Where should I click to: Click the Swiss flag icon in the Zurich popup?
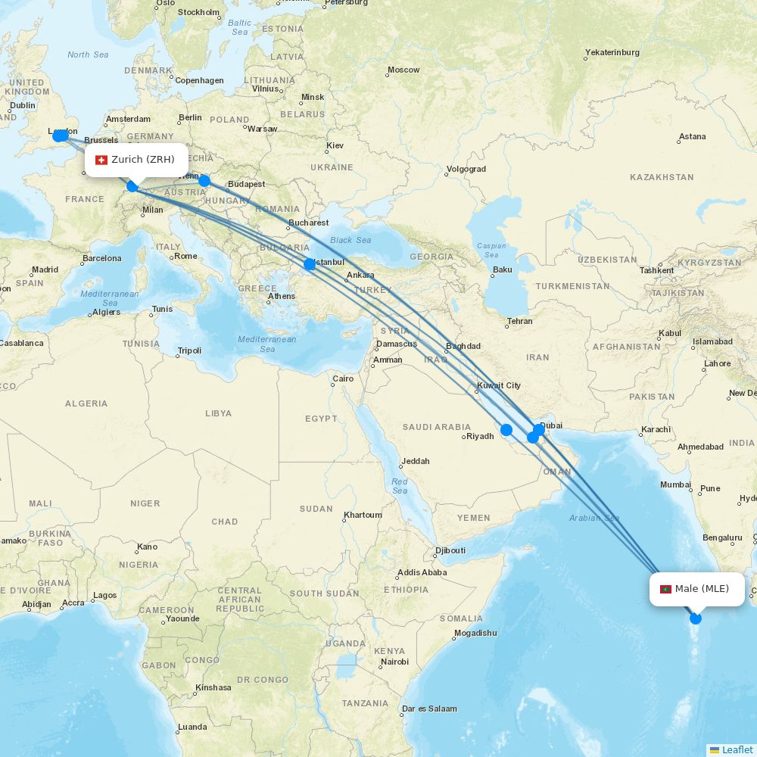[x=101, y=160]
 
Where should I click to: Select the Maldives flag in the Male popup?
[x=666, y=589]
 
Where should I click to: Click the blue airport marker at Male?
[x=696, y=618]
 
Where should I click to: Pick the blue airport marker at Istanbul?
[x=310, y=264]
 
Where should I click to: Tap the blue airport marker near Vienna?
[x=204, y=180]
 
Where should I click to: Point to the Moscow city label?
[x=403, y=70]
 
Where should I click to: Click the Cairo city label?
[x=343, y=378]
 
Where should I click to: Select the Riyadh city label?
[x=480, y=436]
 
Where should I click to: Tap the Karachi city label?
[x=656, y=429]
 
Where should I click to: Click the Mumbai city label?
[x=675, y=484]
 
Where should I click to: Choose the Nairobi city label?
[x=394, y=662]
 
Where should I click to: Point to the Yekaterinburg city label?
[x=612, y=52]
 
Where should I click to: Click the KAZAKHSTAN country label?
[x=662, y=177]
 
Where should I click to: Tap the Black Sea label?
[x=350, y=240]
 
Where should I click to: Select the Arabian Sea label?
[x=594, y=518]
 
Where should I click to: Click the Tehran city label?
[x=519, y=321]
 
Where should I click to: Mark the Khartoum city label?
[x=363, y=515]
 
